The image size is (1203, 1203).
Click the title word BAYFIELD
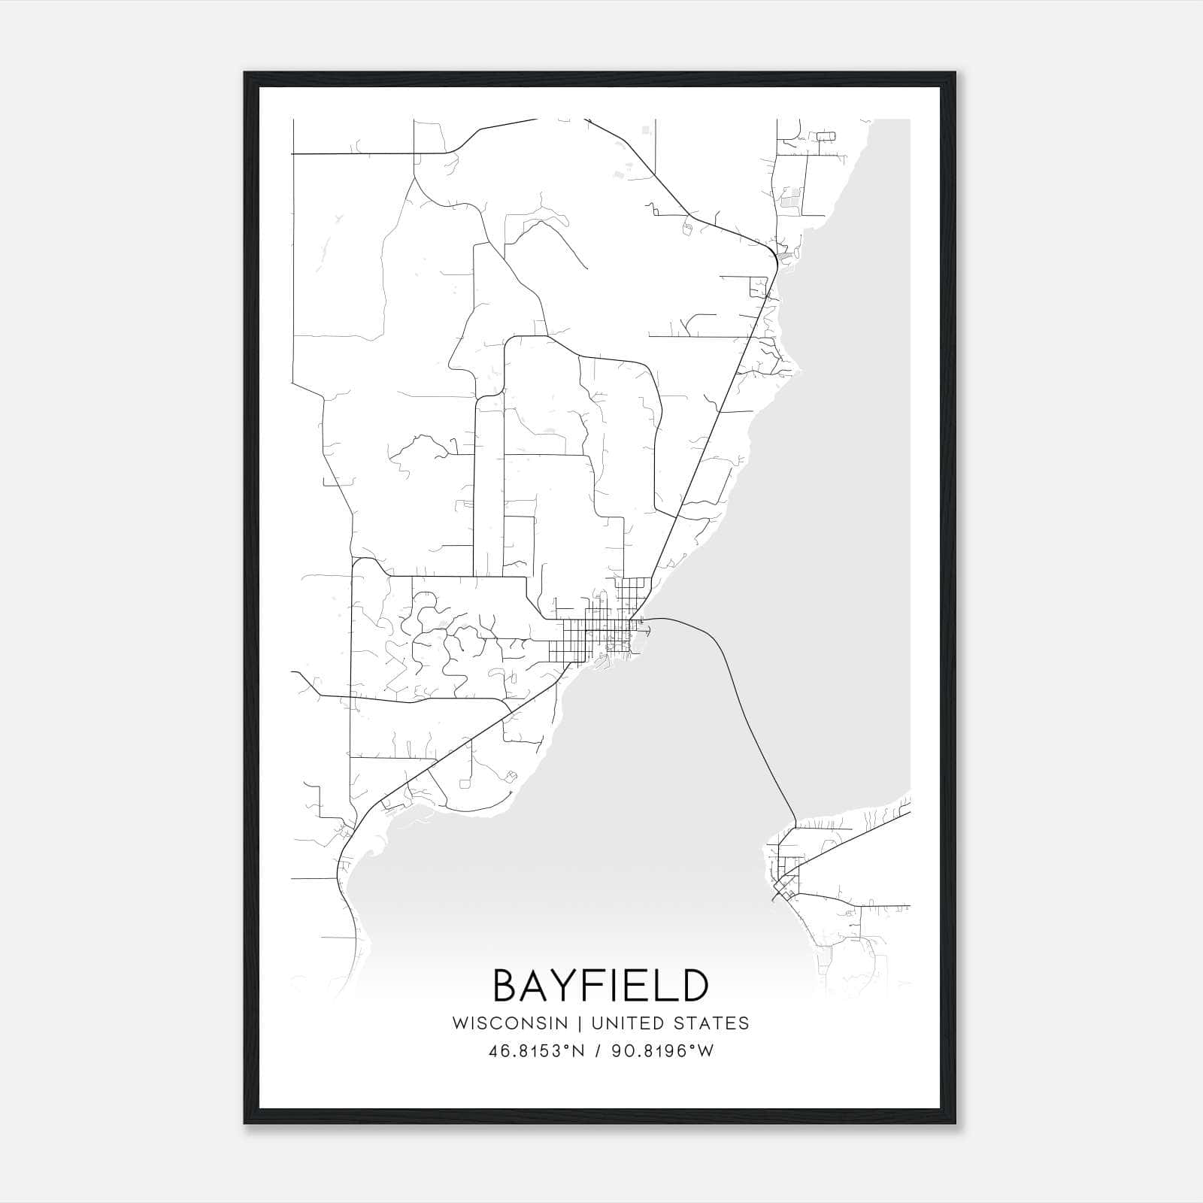pos(601,986)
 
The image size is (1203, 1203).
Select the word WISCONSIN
pos(510,1023)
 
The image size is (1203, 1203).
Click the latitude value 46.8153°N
pos(536,1051)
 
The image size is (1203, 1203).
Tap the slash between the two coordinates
pos(598,1051)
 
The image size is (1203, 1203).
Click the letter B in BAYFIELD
pos(506,986)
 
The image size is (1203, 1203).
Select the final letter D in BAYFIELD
pos(694,986)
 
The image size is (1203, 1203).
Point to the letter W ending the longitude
pos(706,1051)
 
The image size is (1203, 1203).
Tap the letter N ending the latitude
pos(579,1051)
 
